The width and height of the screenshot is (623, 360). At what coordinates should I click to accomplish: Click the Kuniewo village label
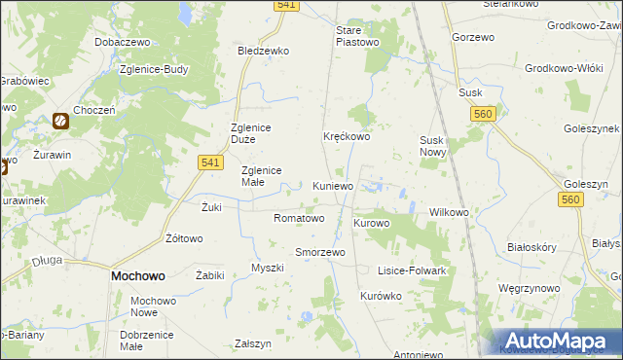tap(333, 186)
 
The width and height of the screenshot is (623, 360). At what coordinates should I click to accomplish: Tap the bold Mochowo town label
tap(137, 276)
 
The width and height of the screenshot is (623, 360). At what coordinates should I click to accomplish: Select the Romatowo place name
tap(299, 218)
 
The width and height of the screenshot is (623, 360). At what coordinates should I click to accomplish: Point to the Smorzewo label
tap(320, 252)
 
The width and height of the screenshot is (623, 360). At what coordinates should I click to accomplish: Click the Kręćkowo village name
tap(347, 137)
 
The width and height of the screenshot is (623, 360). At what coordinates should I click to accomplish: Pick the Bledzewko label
tap(264, 51)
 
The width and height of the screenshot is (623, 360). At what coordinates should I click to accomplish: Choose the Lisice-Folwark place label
tap(412, 270)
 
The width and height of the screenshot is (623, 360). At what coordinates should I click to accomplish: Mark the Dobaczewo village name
tap(121, 44)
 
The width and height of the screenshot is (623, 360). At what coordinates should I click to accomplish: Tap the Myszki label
tap(267, 268)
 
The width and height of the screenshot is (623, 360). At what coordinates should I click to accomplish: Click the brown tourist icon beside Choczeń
tap(60, 122)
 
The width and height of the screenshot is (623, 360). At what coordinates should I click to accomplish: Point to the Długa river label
tap(47, 260)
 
